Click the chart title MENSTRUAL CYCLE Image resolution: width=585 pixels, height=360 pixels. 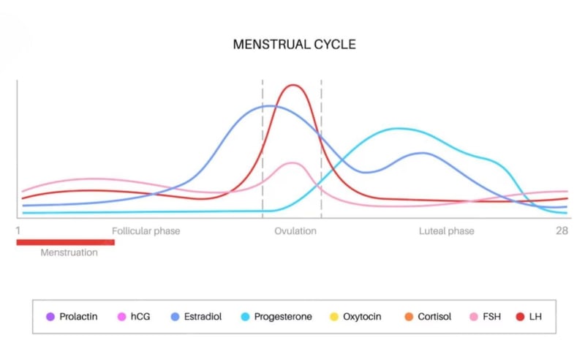(294, 45)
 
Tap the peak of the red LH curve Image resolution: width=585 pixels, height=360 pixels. (294, 85)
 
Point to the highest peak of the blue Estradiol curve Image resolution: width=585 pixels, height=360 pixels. (268, 106)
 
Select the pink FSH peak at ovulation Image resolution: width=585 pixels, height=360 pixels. (292, 163)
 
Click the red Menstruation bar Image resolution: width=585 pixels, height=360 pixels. (66, 241)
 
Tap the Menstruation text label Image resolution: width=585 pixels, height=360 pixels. (69, 253)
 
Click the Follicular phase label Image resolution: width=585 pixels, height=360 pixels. (146, 231)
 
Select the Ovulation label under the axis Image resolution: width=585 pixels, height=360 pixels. (295, 231)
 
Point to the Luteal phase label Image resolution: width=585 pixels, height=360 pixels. (446, 231)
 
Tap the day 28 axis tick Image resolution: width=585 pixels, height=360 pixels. (561, 231)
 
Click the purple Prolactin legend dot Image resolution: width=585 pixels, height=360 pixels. (50, 317)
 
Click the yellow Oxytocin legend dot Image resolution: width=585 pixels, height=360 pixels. (333, 317)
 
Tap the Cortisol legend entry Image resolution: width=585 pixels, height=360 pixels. (427, 317)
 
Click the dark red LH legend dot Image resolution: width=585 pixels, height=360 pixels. (520, 317)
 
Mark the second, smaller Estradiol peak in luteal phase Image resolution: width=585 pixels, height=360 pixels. (422, 153)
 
